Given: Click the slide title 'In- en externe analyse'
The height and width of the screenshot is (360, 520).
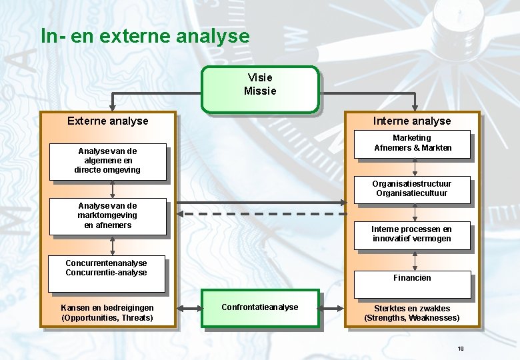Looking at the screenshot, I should (x=145, y=35).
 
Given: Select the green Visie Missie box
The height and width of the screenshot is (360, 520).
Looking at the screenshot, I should (x=260, y=89).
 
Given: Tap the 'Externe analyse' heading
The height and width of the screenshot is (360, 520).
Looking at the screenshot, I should (x=108, y=121).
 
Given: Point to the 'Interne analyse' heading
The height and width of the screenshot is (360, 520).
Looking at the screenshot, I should (x=411, y=121).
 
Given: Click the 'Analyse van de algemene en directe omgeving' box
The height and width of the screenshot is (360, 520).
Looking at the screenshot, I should (x=107, y=161).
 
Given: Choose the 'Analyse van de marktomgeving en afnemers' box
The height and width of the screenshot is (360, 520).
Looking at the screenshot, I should (x=107, y=217).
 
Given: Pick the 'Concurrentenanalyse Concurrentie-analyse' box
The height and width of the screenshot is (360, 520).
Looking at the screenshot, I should (x=107, y=273).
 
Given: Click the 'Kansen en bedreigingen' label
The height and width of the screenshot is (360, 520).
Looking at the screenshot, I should (x=107, y=307).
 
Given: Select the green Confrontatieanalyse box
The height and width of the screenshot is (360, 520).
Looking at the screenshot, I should (x=260, y=308).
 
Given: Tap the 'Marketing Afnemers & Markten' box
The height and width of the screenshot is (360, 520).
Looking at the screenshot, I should (x=413, y=144).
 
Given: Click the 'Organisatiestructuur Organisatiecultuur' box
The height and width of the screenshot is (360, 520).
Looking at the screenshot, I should (x=411, y=189).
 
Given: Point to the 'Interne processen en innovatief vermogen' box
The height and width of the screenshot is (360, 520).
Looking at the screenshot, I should (x=411, y=235).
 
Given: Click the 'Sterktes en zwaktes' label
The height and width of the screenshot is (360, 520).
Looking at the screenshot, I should (x=411, y=309).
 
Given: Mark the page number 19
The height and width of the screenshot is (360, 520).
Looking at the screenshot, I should (x=461, y=349).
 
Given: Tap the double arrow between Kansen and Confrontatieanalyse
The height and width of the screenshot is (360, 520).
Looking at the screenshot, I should (x=189, y=308).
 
